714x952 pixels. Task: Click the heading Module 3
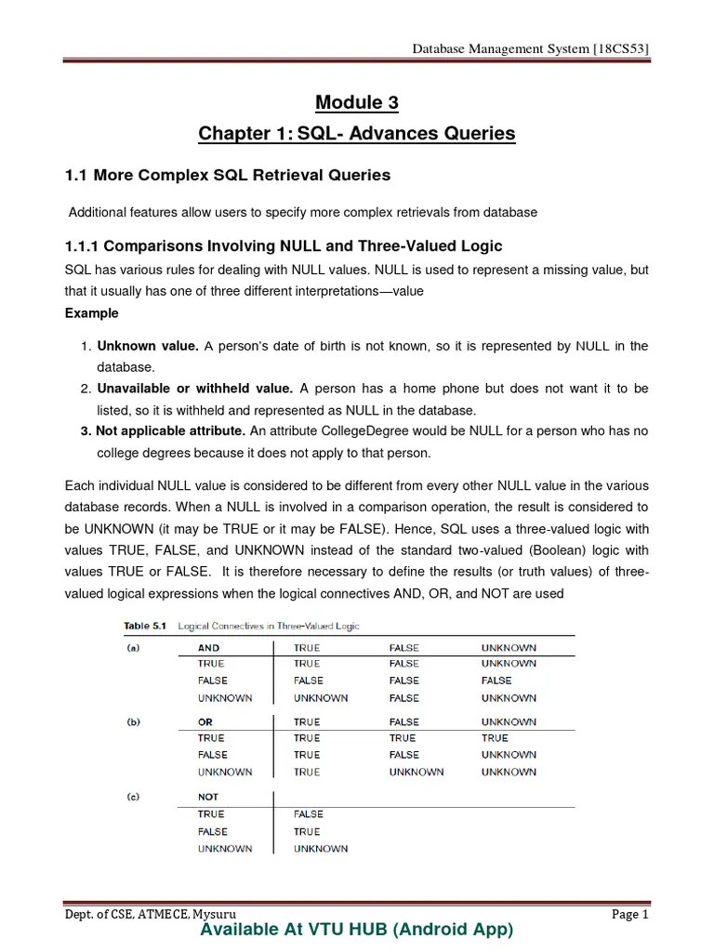point(356,101)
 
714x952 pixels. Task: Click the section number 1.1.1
point(83,245)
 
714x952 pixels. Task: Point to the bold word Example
point(91,313)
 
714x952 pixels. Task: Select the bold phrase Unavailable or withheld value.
point(195,389)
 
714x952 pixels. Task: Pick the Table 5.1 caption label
point(141,626)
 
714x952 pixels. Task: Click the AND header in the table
point(208,647)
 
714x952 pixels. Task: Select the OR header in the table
point(205,721)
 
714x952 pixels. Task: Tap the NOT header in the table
point(208,797)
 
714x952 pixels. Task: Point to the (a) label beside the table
point(133,647)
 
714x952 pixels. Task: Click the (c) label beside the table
point(133,797)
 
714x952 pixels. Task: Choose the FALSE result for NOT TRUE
point(308,814)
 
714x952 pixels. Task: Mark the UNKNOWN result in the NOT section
point(321,848)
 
